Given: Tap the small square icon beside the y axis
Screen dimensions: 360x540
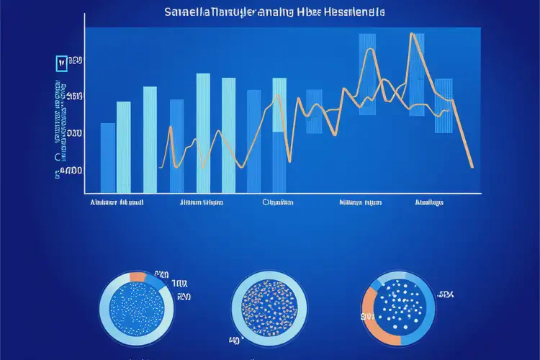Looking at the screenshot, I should click(60, 63).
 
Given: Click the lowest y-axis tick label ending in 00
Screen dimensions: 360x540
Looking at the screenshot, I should click(70, 171).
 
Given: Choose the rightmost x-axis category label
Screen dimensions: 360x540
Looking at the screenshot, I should click(428, 202).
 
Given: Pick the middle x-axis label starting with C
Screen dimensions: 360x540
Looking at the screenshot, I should click(277, 202).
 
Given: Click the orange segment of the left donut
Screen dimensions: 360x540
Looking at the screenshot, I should click(138, 277).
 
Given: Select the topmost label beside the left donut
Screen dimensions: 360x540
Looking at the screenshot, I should click(160, 275).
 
